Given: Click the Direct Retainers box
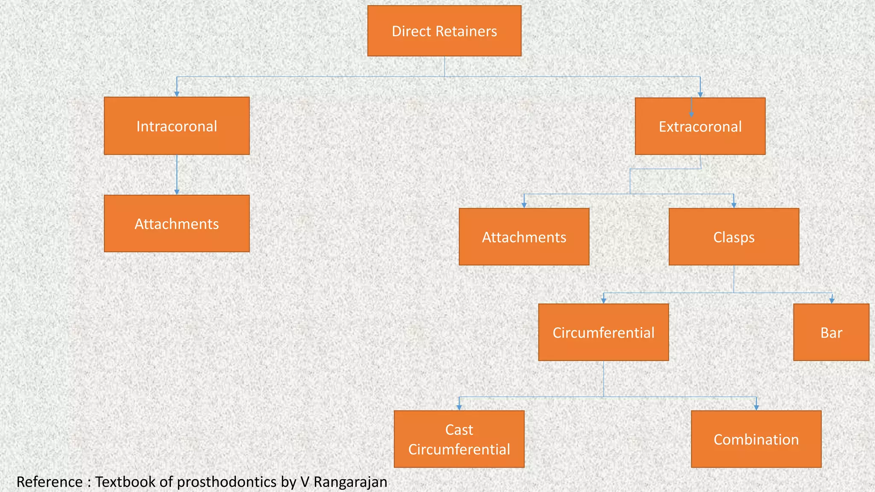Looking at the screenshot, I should (444, 31).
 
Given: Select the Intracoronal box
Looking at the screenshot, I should (176, 126).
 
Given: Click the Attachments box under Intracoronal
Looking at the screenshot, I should (176, 224).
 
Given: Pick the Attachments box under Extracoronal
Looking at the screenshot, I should (524, 237).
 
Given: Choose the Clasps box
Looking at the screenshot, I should (734, 237).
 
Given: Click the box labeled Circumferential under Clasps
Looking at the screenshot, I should (603, 333).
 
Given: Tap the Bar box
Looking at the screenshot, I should (831, 333).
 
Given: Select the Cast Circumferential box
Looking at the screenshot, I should (459, 439).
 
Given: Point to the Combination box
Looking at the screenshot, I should (756, 439).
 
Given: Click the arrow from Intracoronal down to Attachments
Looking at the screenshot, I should (177, 175).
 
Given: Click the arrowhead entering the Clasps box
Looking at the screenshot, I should (734, 205).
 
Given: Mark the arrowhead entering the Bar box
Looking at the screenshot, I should (831, 301).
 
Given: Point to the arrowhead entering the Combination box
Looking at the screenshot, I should (756, 408).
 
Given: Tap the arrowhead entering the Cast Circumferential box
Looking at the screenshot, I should (459, 408).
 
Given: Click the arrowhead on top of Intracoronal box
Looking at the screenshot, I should (177, 94).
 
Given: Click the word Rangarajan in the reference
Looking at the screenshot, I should (350, 482).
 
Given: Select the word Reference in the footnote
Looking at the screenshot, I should (50, 482).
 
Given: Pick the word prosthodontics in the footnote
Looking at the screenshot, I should (226, 482).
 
